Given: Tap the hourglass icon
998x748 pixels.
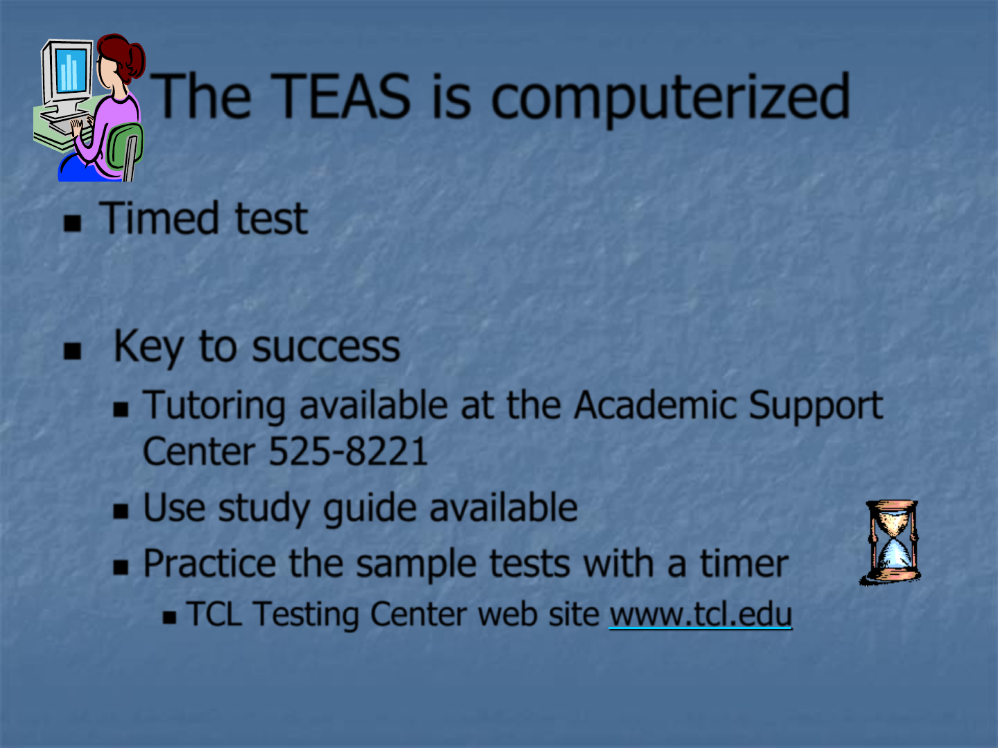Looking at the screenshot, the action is coord(891,542).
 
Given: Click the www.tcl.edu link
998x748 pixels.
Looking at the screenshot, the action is coord(700,614).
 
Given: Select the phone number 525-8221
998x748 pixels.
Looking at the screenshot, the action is coord(349,451).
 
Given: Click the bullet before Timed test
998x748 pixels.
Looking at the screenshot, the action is coord(72,223).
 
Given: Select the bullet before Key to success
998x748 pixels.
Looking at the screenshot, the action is coord(72,350).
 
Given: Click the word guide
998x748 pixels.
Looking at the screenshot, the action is coord(369,509).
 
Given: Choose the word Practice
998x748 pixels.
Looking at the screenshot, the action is coord(209,563).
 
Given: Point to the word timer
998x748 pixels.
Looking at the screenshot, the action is coord(744,563).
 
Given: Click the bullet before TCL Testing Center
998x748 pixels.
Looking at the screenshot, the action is coord(170,617).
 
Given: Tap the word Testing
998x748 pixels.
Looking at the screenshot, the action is coord(306,615).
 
